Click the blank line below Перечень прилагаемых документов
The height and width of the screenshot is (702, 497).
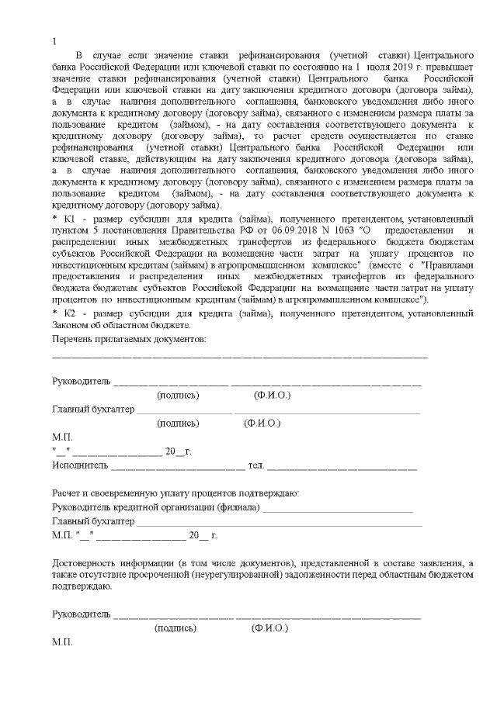(x=239, y=356)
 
